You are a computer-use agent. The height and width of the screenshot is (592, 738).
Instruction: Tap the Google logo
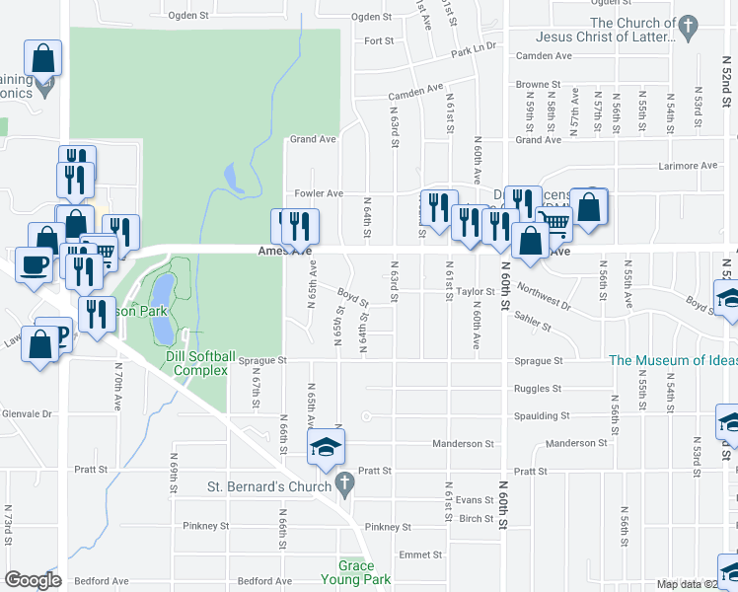[34, 580]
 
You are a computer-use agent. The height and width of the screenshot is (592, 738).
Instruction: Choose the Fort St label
[379, 41]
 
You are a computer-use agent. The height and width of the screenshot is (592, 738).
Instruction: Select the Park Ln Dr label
[474, 50]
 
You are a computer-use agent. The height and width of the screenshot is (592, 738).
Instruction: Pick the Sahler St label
[558, 326]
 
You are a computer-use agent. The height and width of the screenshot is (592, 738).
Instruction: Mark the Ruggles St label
[538, 389]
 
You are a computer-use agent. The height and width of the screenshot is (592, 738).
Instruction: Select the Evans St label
[474, 500]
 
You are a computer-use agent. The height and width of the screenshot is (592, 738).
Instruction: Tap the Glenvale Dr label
[26, 413]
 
